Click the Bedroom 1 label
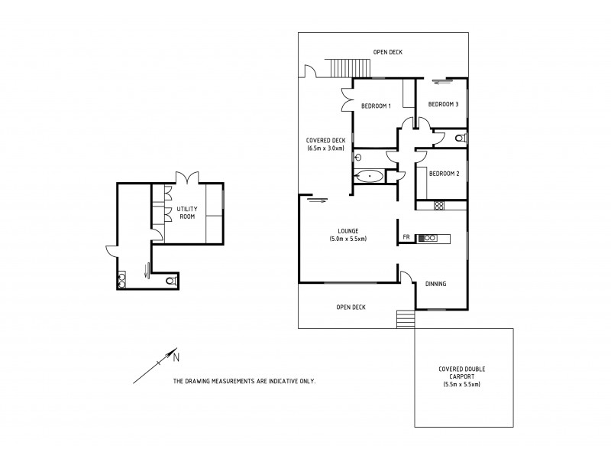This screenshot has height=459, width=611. tap(376, 106)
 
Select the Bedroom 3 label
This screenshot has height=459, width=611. tap(443, 104)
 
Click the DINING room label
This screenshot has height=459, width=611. tap(435, 284)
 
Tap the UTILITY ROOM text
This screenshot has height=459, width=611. tap(188, 213)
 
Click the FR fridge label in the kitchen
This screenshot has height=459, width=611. tap(408, 238)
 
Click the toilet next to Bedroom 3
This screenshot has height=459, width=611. tap(458, 138)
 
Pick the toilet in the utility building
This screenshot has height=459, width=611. tap(171, 282)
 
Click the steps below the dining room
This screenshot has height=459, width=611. tap(405, 319)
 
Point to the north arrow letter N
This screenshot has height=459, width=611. tap(175, 356)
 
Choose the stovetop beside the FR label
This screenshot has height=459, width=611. tap(428, 238)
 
